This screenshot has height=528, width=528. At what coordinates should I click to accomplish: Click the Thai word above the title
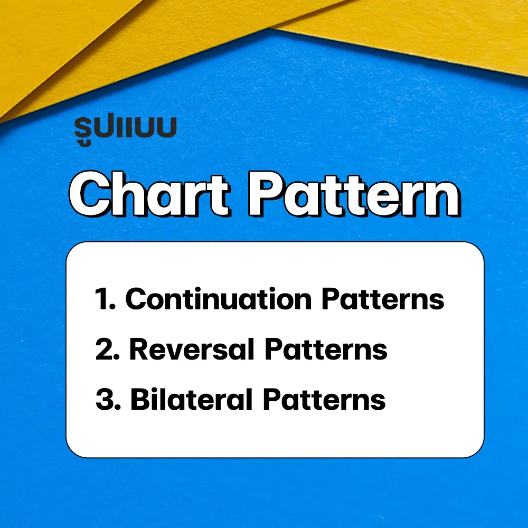[x=125, y=130]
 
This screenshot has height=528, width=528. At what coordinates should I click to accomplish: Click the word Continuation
[x=219, y=299]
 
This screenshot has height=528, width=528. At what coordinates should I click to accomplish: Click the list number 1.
[x=103, y=299]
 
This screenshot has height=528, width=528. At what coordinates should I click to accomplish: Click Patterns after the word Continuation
[x=383, y=299]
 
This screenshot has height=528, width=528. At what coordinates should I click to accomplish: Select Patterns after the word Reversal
[x=326, y=349]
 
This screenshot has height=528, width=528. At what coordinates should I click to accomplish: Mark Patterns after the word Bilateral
[x=324, y=399]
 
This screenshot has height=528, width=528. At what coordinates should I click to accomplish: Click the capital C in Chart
[x=93, y=195]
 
